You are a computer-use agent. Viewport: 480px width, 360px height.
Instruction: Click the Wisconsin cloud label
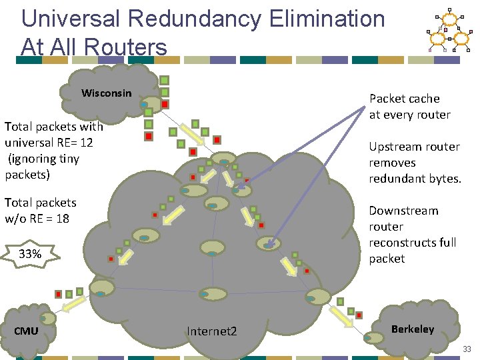click(x=107, y=93)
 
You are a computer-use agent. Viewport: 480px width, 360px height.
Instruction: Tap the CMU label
click(x=26, y=331)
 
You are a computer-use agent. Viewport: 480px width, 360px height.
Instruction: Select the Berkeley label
click(x=412, y=329)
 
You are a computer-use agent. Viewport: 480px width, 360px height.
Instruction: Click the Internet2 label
click(x=211, y=331)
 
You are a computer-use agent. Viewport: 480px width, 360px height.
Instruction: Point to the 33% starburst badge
click(x=30, y=254)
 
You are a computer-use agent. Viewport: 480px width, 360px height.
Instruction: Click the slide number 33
click(x=467, y=349)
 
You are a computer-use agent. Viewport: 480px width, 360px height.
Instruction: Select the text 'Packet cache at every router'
click(x=409, y=107)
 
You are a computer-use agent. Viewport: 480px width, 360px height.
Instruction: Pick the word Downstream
click(x=403, y=211)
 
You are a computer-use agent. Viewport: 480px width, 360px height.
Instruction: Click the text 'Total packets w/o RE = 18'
click(x=40, y=211)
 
